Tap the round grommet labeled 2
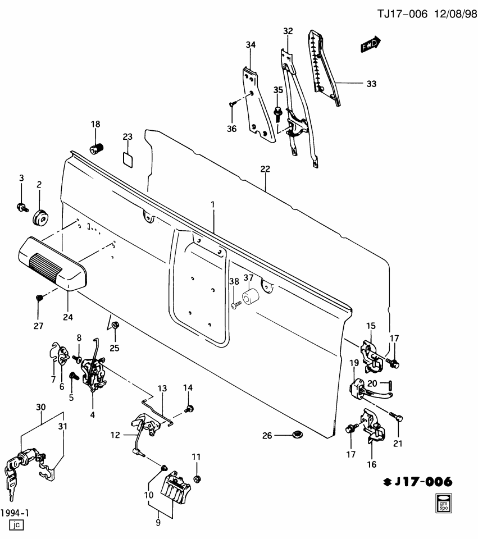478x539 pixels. [40, 217]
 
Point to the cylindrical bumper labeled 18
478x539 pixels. [98, 150]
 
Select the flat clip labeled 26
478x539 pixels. [297, 435]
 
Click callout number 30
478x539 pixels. [40, 407]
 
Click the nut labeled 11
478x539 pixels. [197, 479]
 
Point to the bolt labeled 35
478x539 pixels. [277, 112]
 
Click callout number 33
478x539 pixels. [371, 84]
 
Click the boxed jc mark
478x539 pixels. [15, 526]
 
